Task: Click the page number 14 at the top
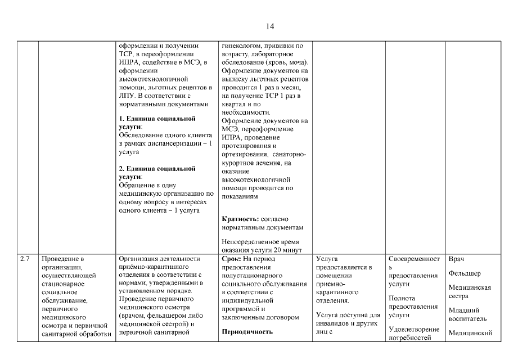pyautogui.click(x=270, y=26)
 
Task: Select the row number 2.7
pyautogui.click(x=25, y=259)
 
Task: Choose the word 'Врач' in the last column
pyautogui.click(x=456, y=259)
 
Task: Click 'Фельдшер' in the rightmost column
pyautogui.click(x=465, y=273)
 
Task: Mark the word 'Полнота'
pyautogui.click(x=402, y=298)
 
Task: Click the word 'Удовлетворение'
pyautogui.click(x=413, y=329)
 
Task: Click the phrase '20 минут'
pyautogui.click(x=290, y=250)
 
